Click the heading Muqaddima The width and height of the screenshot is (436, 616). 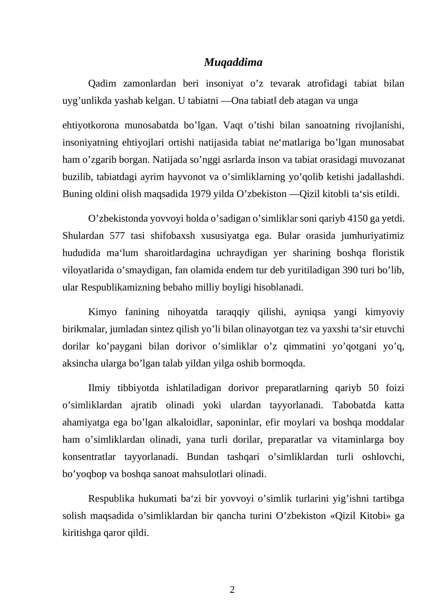click(233, 62)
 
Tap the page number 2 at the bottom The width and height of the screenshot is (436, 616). click(232, 590)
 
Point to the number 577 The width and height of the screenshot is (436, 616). click(117, 236)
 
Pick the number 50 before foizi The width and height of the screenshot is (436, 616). click(373, 388)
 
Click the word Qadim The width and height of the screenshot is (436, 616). click(102, 83)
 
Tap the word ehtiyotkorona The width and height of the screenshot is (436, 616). click(90, 125)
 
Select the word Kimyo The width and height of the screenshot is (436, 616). click(102, 312)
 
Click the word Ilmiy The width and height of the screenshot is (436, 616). click(99, 388)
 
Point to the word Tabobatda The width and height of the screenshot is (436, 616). click(354, 405)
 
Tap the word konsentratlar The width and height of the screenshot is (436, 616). click(89, 457)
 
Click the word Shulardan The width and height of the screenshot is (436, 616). click(83, 236)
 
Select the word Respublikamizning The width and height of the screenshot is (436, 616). click(120, 287)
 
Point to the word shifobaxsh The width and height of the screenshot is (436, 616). click(172, 236)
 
